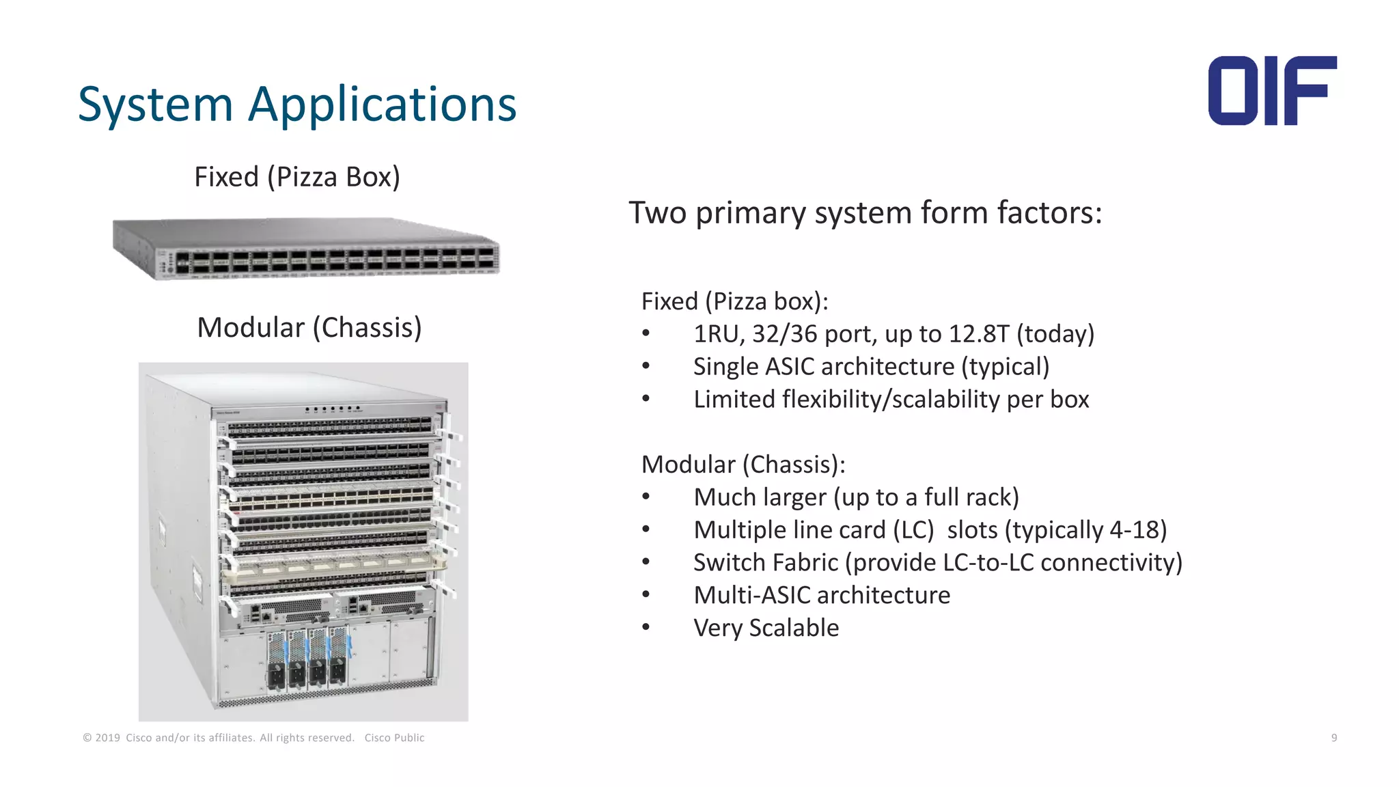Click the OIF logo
[x=1272, y=91]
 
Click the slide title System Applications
[x=297, y=105]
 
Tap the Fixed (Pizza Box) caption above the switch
[x=297, y=177]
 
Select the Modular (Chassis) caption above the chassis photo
[x=309, y=328]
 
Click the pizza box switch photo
[x=306, y=249]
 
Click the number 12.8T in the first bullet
[x=978, y=334]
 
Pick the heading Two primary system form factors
[x=865, y=212]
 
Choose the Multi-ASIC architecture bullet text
[x=822, y=596]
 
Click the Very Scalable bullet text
[x=766, y=629]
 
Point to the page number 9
[x=1333, y=738]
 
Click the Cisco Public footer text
[x=394, y=738]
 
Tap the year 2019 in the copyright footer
[x=107, y=738]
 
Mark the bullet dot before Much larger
[x=646, y=497]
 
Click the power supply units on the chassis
[x=307, y=659]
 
